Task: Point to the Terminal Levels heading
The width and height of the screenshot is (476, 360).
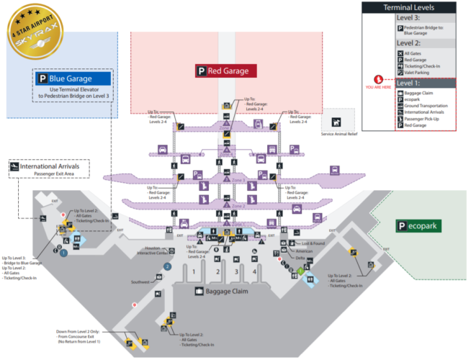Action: pyautogui.click(x=408, y=7)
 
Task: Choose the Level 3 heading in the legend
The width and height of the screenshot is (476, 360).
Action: pyautogui.click(x=408, y=18)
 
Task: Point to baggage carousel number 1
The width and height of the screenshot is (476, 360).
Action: pyautogui.click(x=194, y=271)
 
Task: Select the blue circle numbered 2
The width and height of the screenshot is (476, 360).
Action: pyautogui.click(x=167, y=266)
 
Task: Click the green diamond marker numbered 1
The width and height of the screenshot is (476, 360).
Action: pyautogui.click(x=300, y=271)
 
